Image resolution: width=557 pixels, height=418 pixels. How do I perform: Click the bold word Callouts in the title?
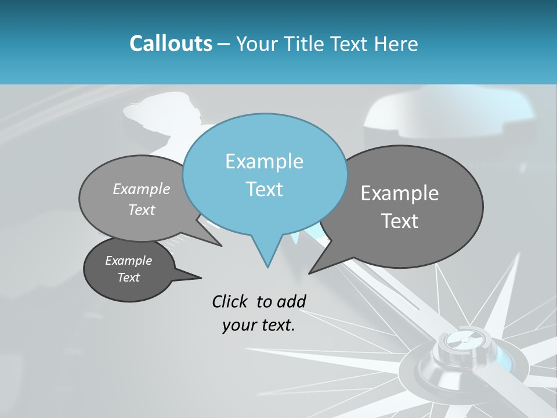(171, 44)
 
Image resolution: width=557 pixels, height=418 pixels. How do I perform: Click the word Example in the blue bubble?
(264, 161)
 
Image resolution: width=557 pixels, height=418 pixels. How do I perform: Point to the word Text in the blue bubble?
(264, 189)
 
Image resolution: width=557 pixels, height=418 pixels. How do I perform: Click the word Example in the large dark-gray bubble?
(400, 193)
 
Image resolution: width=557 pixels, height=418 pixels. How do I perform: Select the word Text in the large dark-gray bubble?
(400, 221)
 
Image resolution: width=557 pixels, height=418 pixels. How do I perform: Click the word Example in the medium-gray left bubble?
(142, 189)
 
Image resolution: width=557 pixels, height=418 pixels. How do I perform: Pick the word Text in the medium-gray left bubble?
(142, 210)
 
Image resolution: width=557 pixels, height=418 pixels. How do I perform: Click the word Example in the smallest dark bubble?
(128, 261)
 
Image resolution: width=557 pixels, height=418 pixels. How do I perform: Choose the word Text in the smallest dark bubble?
(128, 278)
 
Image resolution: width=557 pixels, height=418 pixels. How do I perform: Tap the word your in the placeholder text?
(238, 325)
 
